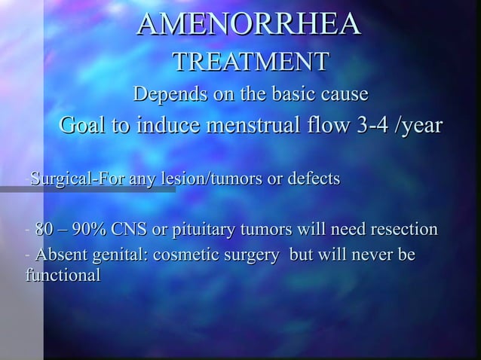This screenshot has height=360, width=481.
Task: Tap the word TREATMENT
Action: click(x=250, y=63)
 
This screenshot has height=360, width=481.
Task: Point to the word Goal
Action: click(x=84, y=126)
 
